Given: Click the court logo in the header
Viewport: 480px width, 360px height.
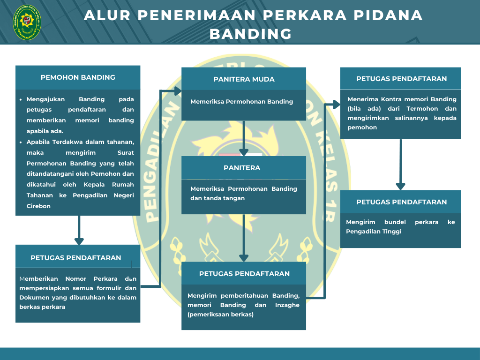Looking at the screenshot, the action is pos(27,22).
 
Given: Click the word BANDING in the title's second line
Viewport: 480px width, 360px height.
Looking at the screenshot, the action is pos(251,34).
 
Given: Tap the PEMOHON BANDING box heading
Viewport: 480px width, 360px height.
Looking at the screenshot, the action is pos(78,77).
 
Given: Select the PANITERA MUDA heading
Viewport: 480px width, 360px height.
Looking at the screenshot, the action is pos(244,79).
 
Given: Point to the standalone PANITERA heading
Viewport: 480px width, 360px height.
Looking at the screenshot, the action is pos(242,168).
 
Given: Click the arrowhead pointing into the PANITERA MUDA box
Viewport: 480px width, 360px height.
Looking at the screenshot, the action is pos(178,91).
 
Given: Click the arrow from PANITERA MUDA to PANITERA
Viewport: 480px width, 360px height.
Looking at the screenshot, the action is pos(244,138).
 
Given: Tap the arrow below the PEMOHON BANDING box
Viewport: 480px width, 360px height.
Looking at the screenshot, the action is pos(79,230).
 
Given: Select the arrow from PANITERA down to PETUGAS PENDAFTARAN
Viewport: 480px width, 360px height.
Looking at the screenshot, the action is pos(244,238).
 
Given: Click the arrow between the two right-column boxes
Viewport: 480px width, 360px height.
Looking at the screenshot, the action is pos(400,165).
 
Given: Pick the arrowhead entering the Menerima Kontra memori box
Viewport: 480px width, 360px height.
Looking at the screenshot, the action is pos(337,105).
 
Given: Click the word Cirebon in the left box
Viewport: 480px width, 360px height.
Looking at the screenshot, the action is pos(38,206).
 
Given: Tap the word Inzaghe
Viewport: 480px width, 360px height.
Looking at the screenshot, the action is pos(287,305).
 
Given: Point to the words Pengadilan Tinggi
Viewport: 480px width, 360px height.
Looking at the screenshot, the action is pos(374,232).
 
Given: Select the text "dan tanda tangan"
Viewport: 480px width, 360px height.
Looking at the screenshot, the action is pos(217,198).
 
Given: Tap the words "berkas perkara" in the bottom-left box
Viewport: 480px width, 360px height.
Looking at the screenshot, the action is pos(42,307).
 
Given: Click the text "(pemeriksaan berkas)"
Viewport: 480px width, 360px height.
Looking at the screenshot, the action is pos(220,315).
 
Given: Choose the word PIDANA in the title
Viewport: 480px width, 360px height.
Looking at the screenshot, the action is pos(388,15).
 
